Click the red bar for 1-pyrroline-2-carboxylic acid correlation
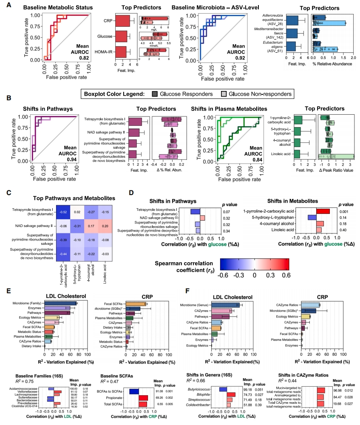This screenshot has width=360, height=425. (x=323, y=211)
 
